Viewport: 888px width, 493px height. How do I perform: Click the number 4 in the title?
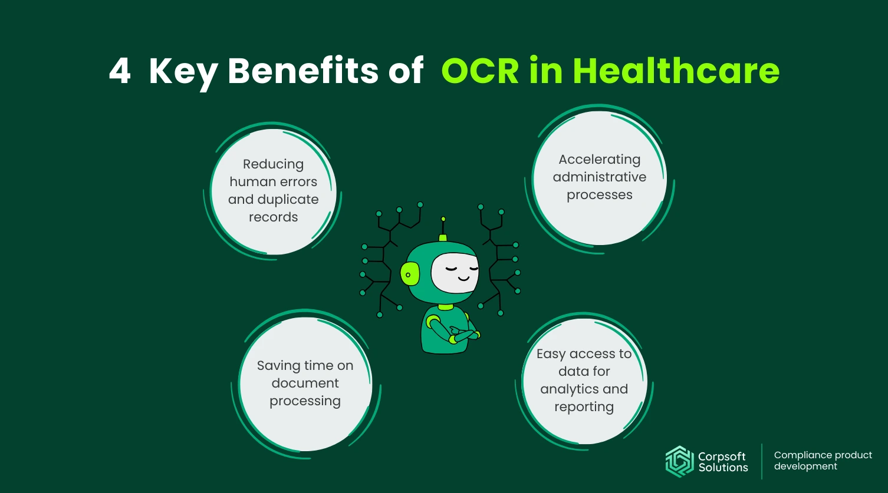(x=120, y=72)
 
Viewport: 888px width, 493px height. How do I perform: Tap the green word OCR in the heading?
(x=481, y=72)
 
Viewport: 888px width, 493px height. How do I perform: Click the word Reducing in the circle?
(x=273, y=164)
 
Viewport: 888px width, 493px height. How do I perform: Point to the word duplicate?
(x=289, y=200)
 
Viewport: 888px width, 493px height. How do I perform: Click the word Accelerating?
(x=599, y=160)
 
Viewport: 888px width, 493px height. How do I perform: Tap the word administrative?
(x=599, y=177)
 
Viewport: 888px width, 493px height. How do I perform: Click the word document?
(x=305, y=383)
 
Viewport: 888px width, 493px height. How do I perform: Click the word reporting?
(x=584, y=407)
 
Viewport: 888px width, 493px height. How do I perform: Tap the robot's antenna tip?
(x=443, y=219)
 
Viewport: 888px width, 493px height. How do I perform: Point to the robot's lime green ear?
(x=409, y=274)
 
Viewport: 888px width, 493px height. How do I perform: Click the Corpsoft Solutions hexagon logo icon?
(x=679, y=461)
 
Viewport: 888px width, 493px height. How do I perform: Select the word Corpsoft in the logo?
(x=722, y=456)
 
